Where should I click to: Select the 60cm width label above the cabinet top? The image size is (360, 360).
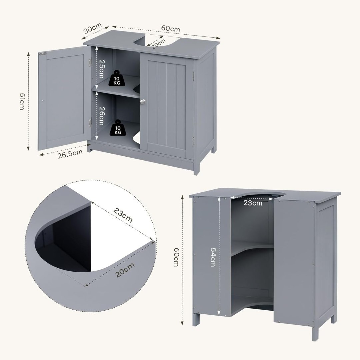pyautogui.click(x=170, y=28)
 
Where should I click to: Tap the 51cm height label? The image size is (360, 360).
pyautogui.click(x=22, y=101)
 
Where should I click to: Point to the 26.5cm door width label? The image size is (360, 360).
pyautogui.click(x=70, y=154)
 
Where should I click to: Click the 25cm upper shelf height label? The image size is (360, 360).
pyautogui.click(x=102, y=69)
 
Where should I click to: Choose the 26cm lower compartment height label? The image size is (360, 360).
pyautogui.click(x=101, y=116)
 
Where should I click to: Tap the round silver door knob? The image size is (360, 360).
pyautogui.click(x=143, y=101)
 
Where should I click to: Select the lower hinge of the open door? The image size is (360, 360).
pyautogui.click(x=90, y=123)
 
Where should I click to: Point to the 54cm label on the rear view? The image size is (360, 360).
pyautogui.click(x=213, y=257)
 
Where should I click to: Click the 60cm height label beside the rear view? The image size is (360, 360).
pyautogui.click(x=176, y=257)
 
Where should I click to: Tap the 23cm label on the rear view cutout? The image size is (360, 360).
pyautogui.click(x=253, y=203)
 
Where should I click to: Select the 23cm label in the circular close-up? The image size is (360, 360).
pyautogui.click(x=123, y=215)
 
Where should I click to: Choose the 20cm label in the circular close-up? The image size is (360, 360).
pyautogui.click(x=125, y=270)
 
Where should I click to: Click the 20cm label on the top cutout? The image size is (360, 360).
pyautogui.click(x=158, y=44)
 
